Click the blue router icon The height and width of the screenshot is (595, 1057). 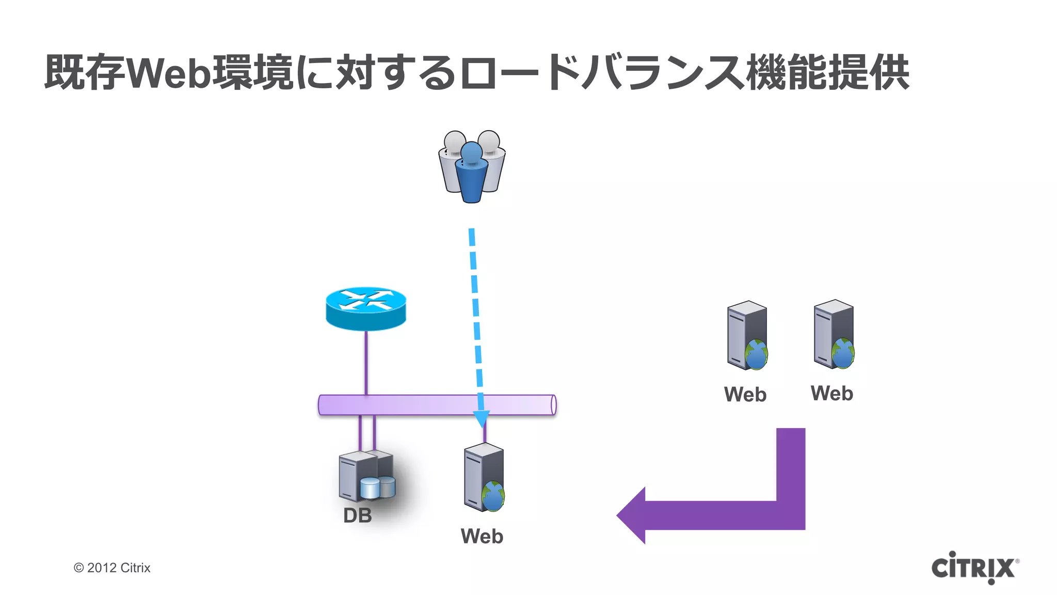point(366,308)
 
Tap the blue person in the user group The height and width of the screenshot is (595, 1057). point(471,173)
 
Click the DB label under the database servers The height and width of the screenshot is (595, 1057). point(357,515)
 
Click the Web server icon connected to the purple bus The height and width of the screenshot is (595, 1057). point(484,477)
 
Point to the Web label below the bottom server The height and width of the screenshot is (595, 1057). point(482,536)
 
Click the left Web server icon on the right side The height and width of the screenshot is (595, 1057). point(747,335)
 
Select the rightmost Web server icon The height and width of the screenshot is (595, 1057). point(834,334)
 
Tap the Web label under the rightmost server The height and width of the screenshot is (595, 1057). point(831,394)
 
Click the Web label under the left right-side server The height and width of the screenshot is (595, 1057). point(745,395)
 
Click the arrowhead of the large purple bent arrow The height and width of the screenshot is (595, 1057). point(632,515)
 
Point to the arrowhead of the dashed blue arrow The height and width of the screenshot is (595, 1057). point(482,418)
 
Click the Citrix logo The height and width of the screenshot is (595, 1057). point(974,568)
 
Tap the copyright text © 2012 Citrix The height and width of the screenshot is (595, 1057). point(112,568)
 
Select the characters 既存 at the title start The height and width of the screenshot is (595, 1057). point(85,72)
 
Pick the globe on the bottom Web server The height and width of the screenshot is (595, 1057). point(493,496)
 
